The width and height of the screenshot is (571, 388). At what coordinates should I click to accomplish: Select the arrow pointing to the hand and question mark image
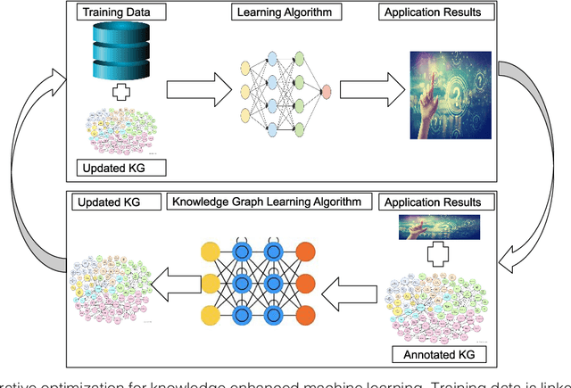point(366,91)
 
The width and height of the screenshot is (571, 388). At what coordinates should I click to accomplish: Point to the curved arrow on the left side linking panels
point(40,169)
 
